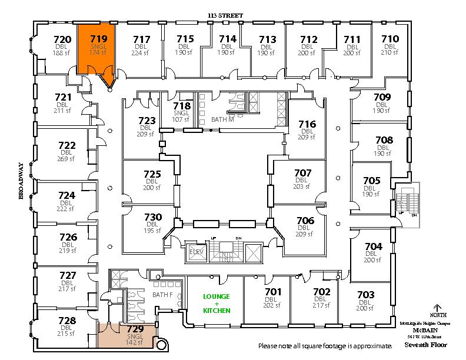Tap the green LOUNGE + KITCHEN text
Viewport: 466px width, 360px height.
pyautogui.click(x=216, y=303)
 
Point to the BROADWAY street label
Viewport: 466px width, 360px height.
pyautogui.click(x=21, y=181)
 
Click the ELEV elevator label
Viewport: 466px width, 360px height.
pyautogui.click(x=195, y=251)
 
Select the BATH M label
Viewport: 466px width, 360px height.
pyautogui.click(x=223, y=119)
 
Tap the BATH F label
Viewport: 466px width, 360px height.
pyautogui.click(x=162, y=294)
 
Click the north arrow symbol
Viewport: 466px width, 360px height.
pyautogui.click(x=436, y=308)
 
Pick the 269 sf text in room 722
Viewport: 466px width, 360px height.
pyautogui.click(x=66, y=159)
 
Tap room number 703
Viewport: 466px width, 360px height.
pyautogui.click(x=365, y=295)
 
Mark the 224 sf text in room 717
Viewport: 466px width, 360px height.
pyautogui.click(x=141, y=53)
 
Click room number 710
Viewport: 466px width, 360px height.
pyautogui.click(x=390, y=39)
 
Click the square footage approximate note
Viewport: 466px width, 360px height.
pyautogui.click(x=325, y=345)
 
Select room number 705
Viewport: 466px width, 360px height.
pyautogui.click(x=372, y=181)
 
